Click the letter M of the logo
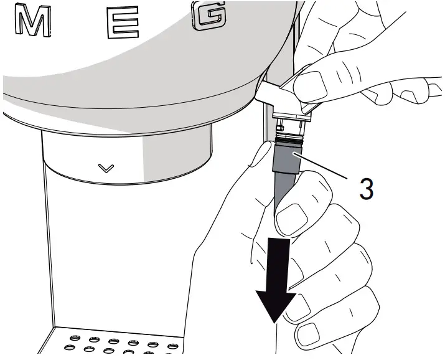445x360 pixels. tap(32, 21)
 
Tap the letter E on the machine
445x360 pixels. tap(123, 22)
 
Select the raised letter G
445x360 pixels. tap(210, 16)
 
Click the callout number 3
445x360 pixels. tap(366, 188)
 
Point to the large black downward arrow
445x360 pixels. tap(275, 280)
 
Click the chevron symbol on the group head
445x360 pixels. tap(106, 168)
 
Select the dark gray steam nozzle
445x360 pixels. tap(285, 173)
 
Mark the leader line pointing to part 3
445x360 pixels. tap(321, 166)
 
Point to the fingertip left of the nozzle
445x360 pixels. tap(263, 153)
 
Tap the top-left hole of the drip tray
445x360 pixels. tap(75, 338)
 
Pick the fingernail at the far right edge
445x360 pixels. tap(435, 87)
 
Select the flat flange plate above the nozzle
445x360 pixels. tap(291, 116)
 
